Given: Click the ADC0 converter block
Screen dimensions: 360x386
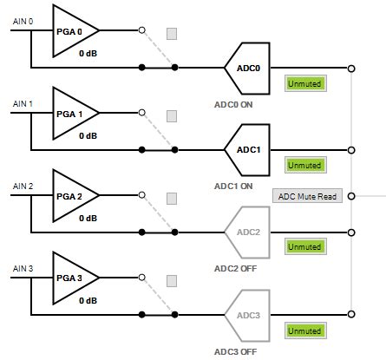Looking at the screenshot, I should click(246, 67).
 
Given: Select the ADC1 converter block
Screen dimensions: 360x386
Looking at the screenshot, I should click(246, 149).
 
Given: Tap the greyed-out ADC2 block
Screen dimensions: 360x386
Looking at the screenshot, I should click(246, 232).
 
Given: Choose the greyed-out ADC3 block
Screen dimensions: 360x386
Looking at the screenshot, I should click(246, 314).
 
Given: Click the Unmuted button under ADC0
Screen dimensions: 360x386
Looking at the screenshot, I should click(304, 83).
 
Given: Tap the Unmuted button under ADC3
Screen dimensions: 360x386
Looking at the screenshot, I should click(304, 331).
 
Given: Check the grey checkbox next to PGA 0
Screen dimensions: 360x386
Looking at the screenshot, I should click(172, 34).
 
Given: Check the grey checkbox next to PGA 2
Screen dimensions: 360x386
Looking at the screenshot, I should click(172, 199).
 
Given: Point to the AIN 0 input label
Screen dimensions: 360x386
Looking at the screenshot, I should click(23, 21).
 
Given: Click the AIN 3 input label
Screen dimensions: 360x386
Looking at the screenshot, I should click(23, 269).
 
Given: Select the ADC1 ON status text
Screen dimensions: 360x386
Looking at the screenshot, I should click(233, 186).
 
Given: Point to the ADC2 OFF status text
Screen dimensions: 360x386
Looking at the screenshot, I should click(235, 268).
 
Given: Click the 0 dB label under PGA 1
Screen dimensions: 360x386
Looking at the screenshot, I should click(88, 135).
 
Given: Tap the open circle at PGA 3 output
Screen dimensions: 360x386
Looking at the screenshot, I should click(142, 278).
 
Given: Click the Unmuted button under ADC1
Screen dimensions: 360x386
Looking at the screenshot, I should click(304, 165).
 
